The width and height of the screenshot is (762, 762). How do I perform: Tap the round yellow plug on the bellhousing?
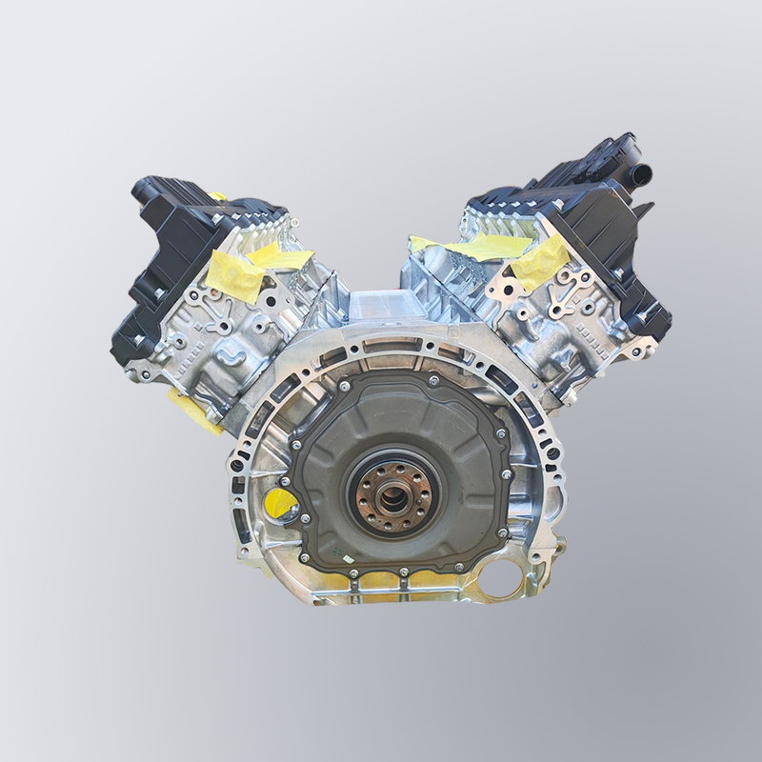pyautogui.click(x=281, y=503)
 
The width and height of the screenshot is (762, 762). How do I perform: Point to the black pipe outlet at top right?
pyautogui.click(x=643, y=173)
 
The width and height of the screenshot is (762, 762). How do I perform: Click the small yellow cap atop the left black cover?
pyautogui.click(x=218, y=196)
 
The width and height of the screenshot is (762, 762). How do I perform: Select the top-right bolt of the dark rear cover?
pyautogui.click(x=434, y=380)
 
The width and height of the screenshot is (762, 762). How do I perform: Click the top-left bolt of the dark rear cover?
pyautogui.click(x=340, y=386)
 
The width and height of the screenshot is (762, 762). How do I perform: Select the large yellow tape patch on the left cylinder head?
pyautogui.click(x=235, y=272)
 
